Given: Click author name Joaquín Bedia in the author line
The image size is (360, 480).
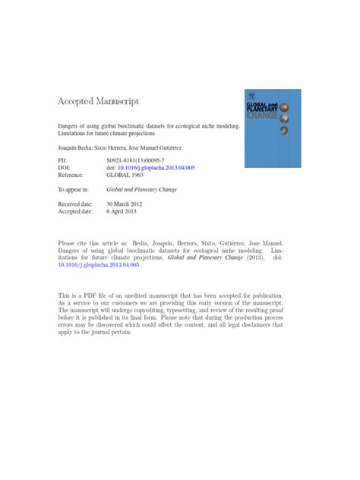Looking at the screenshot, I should (x=76, y=147).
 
